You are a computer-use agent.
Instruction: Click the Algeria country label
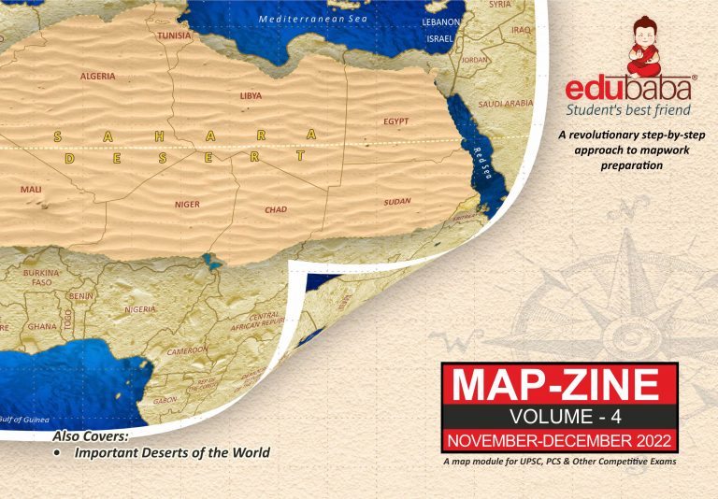point(97,76)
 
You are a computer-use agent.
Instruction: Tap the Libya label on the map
point(251,95)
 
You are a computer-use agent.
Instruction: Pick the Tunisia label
point(174,36)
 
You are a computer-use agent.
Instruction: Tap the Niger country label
point(187,203)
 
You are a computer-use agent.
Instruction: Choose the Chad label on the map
point(276,209)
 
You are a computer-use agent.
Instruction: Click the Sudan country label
point(396,202)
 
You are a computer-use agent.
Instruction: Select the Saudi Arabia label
point(505,104)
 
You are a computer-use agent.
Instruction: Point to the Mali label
point(31,189)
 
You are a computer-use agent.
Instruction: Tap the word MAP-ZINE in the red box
point(560,386)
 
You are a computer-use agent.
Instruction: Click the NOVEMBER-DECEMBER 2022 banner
point(559,439)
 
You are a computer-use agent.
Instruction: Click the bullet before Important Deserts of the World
point(58,453)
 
